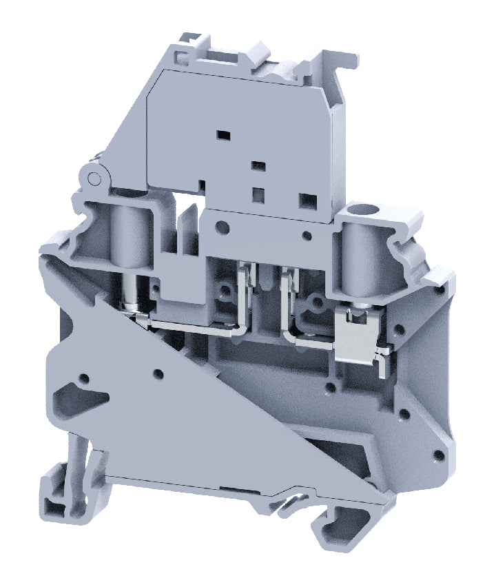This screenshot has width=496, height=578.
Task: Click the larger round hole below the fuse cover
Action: coord(222,226)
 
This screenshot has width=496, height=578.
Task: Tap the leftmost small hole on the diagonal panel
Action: coord(84,378)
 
